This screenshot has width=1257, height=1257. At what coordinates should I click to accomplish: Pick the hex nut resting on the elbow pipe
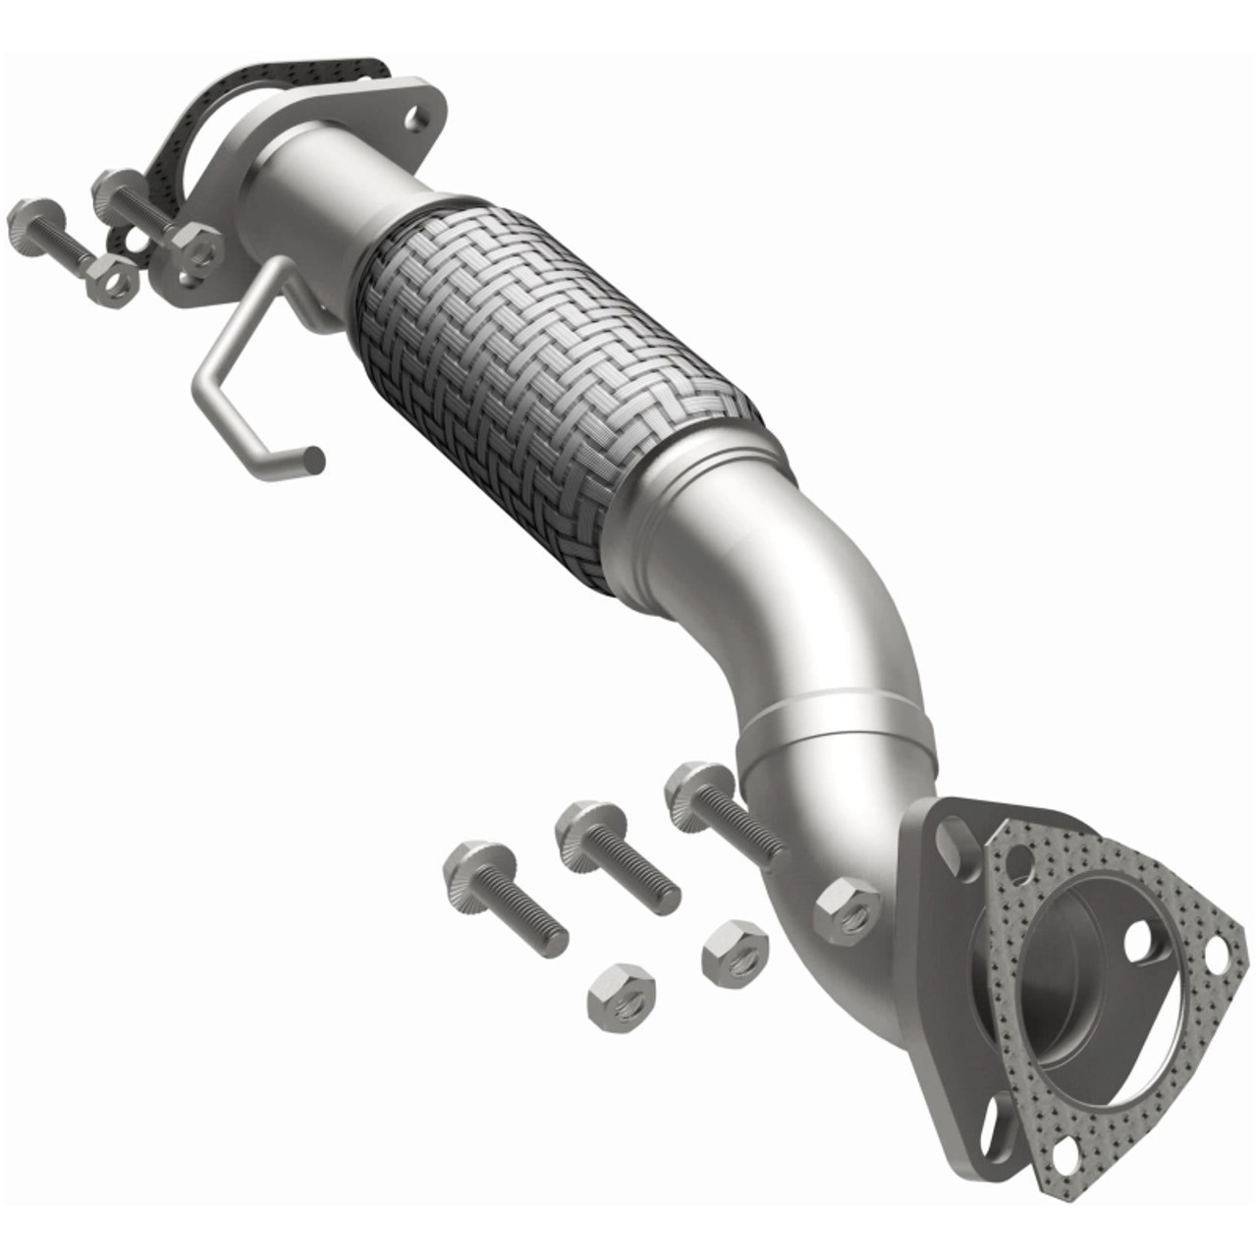point(847,911)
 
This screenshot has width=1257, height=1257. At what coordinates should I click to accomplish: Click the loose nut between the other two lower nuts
point(735,951)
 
